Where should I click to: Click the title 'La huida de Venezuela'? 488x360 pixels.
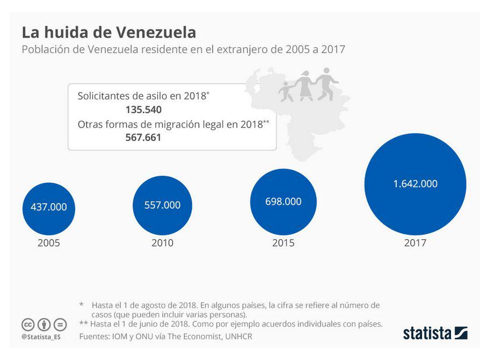tap(108, 32)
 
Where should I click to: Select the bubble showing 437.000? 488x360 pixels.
tap(49, 207)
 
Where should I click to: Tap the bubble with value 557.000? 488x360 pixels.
tap(162, 205)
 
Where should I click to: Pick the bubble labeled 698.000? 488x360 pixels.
tap(283, 201)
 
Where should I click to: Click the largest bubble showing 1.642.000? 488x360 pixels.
tap(415, 184)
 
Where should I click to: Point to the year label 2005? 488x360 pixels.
tap(49, 243)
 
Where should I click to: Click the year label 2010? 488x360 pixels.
tap(162, 243)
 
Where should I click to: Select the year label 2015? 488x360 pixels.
tap(283, 243)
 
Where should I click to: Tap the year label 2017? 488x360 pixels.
tap(415, 243)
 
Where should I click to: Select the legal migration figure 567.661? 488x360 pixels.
tap(143, 138)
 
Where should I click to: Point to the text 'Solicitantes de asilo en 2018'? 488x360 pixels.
tap(142, 96)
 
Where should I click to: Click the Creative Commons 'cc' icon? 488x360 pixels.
tap(28, 325)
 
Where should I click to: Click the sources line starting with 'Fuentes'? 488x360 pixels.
tap(165, 336)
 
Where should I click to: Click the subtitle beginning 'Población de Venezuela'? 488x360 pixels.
tap(183, 49)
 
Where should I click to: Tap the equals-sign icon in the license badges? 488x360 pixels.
tap(60, 325)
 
